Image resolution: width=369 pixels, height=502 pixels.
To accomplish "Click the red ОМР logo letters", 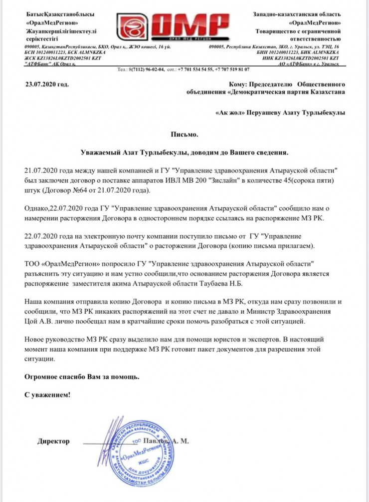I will [189, 26].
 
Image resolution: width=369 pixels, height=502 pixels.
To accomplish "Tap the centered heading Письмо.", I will [184, 134].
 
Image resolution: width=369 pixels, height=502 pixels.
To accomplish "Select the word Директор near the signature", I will [53, 442].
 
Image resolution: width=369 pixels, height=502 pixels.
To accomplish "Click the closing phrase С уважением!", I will [48, 395].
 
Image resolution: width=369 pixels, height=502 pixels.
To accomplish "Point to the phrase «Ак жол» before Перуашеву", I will [232, 112].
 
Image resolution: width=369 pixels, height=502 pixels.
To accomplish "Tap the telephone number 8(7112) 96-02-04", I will [143, 69].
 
